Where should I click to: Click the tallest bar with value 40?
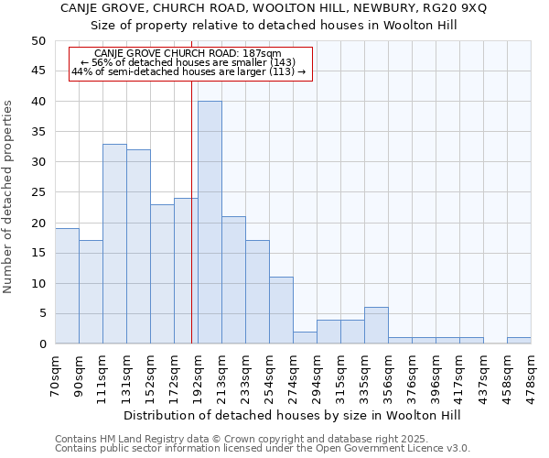tap(210, 223)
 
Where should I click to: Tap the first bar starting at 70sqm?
tap(67, 286)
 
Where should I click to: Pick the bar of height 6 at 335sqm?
tap(376, 325)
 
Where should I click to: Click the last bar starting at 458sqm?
tap(519, 341)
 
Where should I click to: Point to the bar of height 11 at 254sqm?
tap(281, 311)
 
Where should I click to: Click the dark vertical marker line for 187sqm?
tap(191, 229)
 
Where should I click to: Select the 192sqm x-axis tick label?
tap(199, 375)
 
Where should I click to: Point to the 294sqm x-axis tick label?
tap(318, 375)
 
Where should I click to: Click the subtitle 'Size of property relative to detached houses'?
tap(274, 25)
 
